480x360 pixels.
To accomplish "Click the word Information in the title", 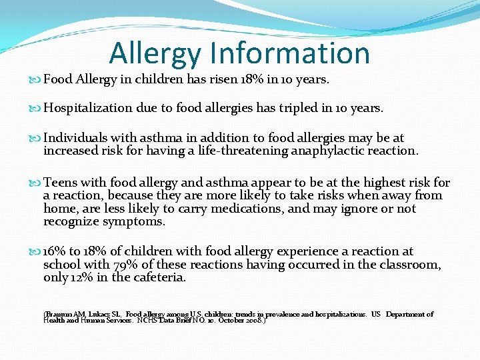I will tap(289, 53).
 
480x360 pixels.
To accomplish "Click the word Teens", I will tap(60, 183).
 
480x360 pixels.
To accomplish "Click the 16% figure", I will tap(55, 252).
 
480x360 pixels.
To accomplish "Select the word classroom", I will tap(407, 265).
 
